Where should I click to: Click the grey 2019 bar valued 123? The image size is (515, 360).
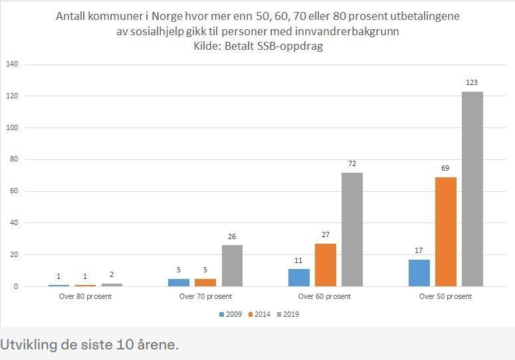coord(472,189)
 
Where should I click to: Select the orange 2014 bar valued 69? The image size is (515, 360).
coord(446,232)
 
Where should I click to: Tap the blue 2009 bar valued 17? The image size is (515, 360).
coord(419,273)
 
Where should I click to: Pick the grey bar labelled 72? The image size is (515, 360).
coord(352,230)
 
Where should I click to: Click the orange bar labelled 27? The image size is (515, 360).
coord(326,265)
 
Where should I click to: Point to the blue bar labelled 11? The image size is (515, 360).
coord(299,278)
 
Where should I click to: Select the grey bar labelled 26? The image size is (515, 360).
coord(232,266)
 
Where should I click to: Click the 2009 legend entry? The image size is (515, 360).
coord(230,314)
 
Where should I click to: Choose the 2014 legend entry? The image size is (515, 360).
coord(260,314)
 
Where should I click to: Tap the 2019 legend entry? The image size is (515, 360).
coord(290,314)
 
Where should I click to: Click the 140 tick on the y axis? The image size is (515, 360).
coord(11,64)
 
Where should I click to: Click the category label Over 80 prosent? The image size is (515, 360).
coord(85,296)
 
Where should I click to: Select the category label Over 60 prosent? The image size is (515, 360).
coord(325,296)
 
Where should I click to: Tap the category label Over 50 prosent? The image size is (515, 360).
coord(445,296)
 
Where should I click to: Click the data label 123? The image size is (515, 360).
coord(472,83)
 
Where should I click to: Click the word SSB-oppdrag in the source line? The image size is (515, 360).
coord(292,46)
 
